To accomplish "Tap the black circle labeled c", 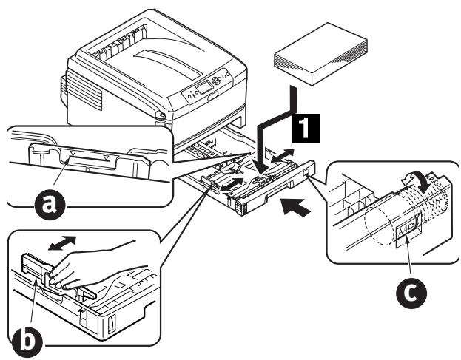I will (408, 293).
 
